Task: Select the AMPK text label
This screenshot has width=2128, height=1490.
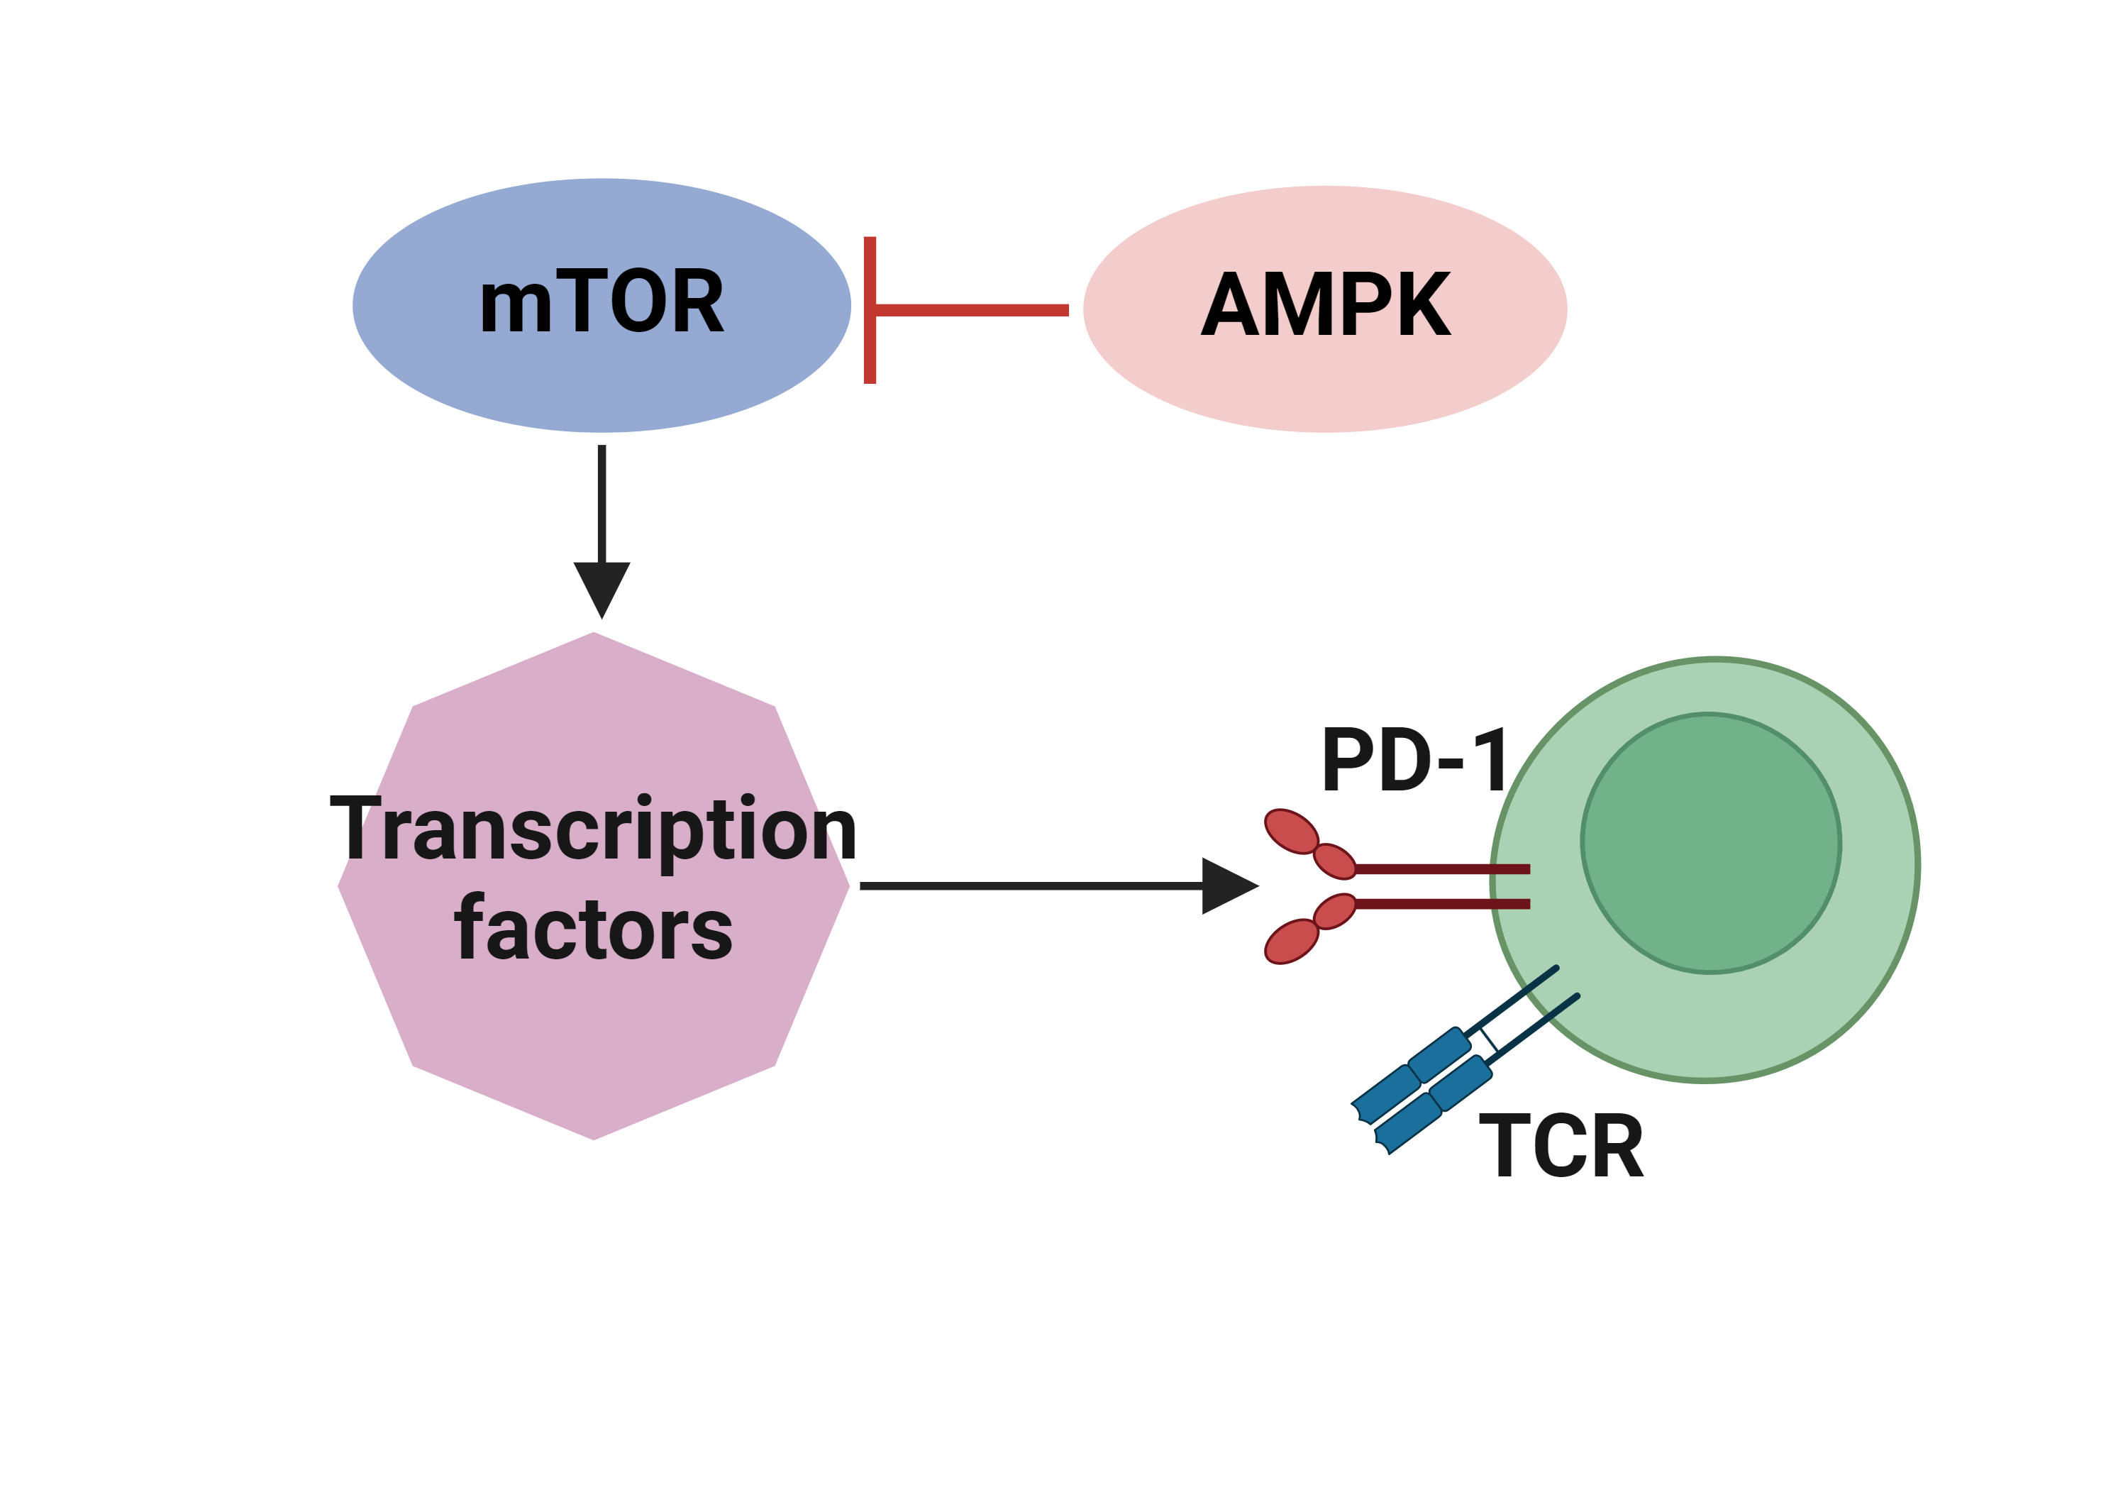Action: (x=1325, y=305)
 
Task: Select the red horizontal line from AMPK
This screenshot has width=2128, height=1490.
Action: (x=973, y=309)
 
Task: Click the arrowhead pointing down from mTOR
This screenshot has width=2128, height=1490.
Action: (x=602, y=588)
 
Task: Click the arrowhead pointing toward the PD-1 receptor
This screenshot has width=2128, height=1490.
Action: (x=1227, y=886)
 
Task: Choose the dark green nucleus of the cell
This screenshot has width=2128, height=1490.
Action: (x=1711, y=843)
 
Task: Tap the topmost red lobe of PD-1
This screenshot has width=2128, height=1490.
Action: (x=1291, y=832)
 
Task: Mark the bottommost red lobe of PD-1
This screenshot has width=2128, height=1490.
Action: (x=1291, y=942)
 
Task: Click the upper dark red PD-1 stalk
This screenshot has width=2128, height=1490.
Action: (x=1441, y=868)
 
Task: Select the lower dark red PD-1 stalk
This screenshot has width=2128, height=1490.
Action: (x=1441, y=904)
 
